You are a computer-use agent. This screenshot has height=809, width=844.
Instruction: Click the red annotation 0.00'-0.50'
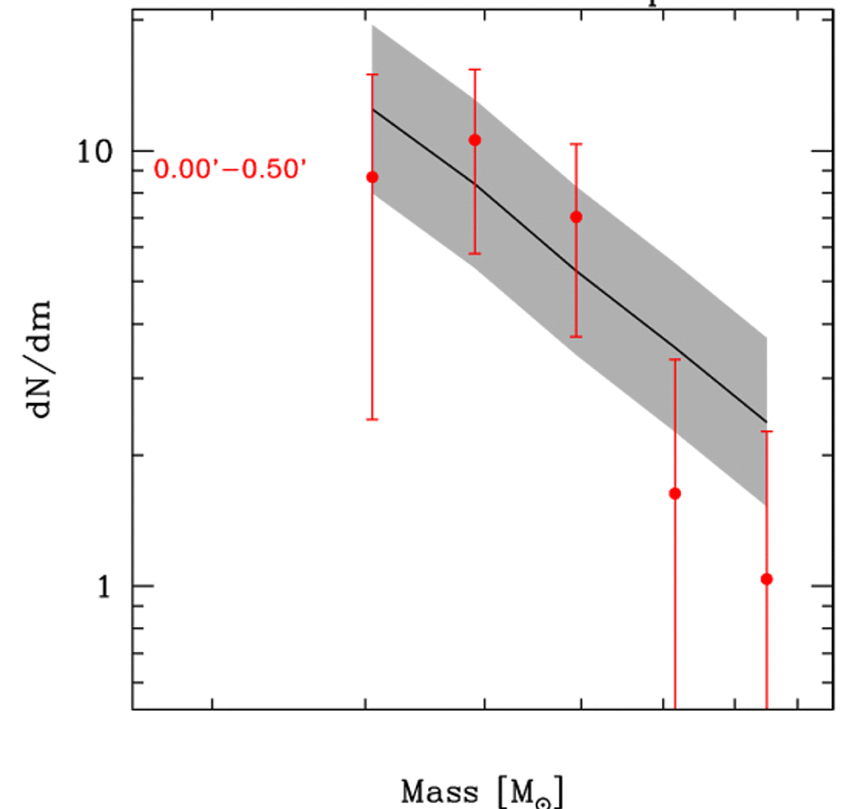click(230, 169)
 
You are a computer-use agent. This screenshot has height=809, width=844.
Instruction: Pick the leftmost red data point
click(373, 177)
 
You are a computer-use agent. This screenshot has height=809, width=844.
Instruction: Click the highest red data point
click(475, 140)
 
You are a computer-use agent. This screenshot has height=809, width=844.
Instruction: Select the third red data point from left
click(576, 216)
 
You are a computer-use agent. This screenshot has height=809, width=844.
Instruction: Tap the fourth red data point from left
click(675, 493)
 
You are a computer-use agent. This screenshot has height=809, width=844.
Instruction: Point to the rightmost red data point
click(766, 579)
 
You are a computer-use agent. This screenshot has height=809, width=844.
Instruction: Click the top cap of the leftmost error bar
click(373, 75)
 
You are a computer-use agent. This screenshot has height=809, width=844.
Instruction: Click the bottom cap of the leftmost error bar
click(373, 419)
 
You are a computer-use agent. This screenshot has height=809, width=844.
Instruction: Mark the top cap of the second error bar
click(475, 69)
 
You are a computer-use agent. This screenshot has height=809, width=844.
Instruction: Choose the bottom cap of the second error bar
click(475, 254)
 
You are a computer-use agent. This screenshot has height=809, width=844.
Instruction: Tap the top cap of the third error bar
click(576, 144)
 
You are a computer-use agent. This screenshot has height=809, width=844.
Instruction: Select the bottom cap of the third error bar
click(576, 336)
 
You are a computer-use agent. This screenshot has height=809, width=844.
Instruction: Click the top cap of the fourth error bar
click(675, 359)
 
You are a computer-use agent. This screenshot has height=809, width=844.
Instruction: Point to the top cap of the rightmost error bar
click(766, 431)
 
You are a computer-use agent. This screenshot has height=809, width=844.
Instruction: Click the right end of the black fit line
click(766, 422)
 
